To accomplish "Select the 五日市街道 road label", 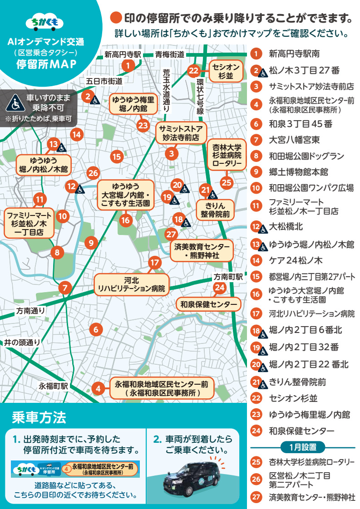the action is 104,81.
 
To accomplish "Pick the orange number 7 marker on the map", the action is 65,288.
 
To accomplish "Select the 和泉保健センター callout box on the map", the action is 208,304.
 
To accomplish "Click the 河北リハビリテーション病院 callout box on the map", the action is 131,284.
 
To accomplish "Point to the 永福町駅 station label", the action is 53,386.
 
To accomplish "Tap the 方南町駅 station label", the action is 229,276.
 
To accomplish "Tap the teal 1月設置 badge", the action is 302,447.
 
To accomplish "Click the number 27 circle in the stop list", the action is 256,497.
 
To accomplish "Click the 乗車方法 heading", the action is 39,416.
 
